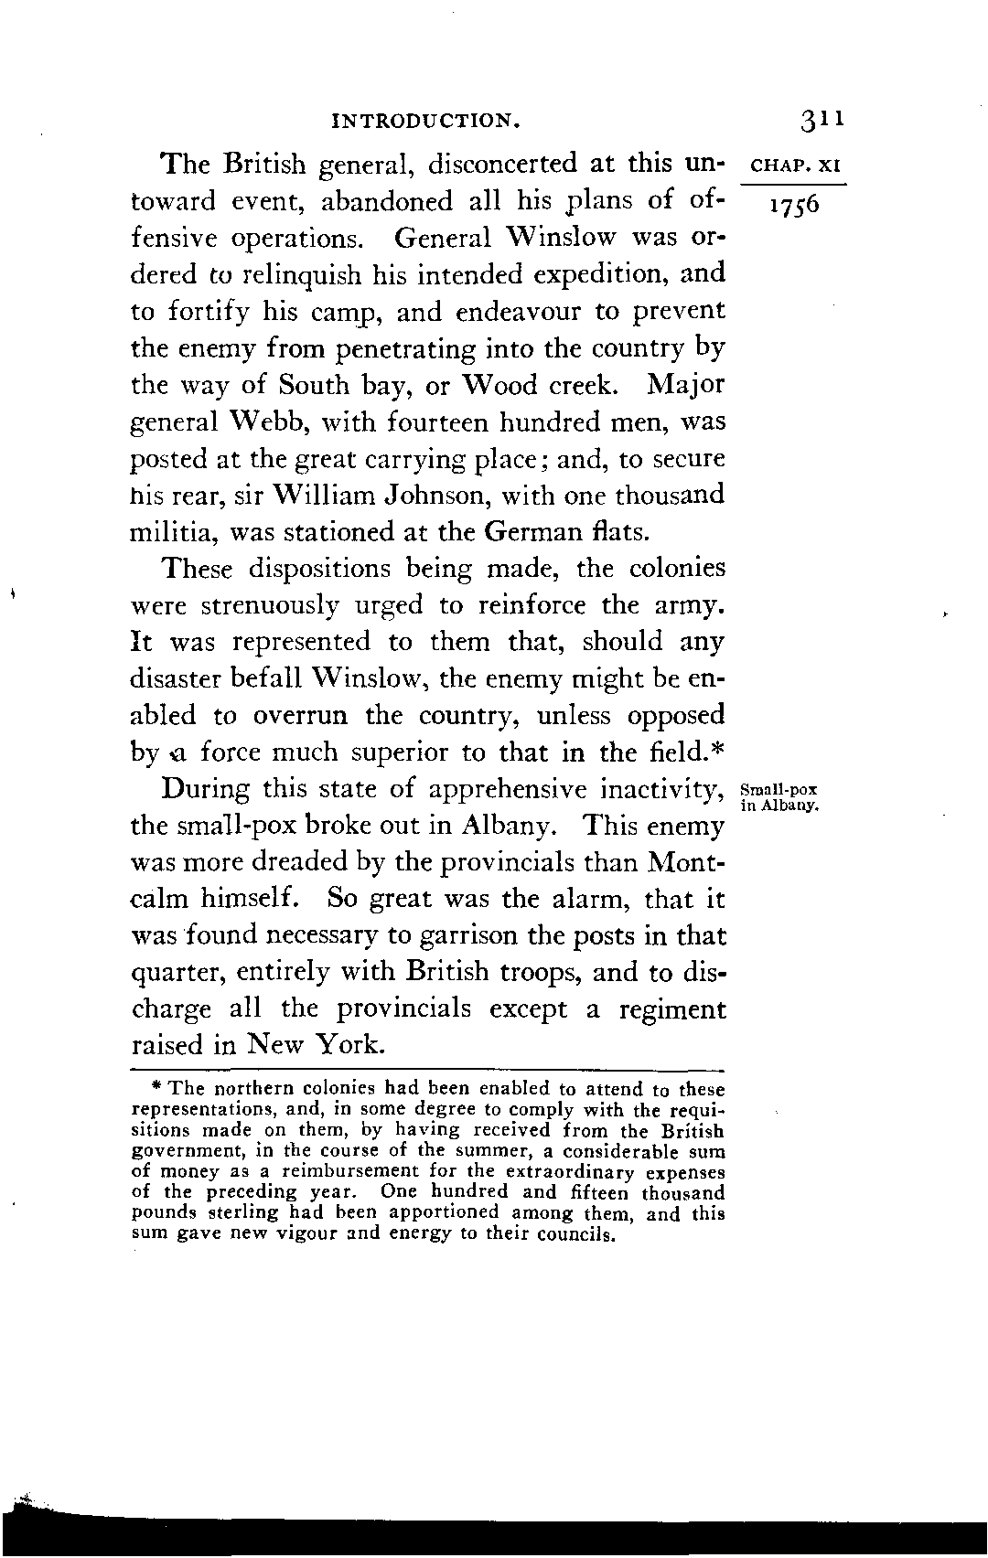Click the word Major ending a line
click(x=685, y=385)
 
